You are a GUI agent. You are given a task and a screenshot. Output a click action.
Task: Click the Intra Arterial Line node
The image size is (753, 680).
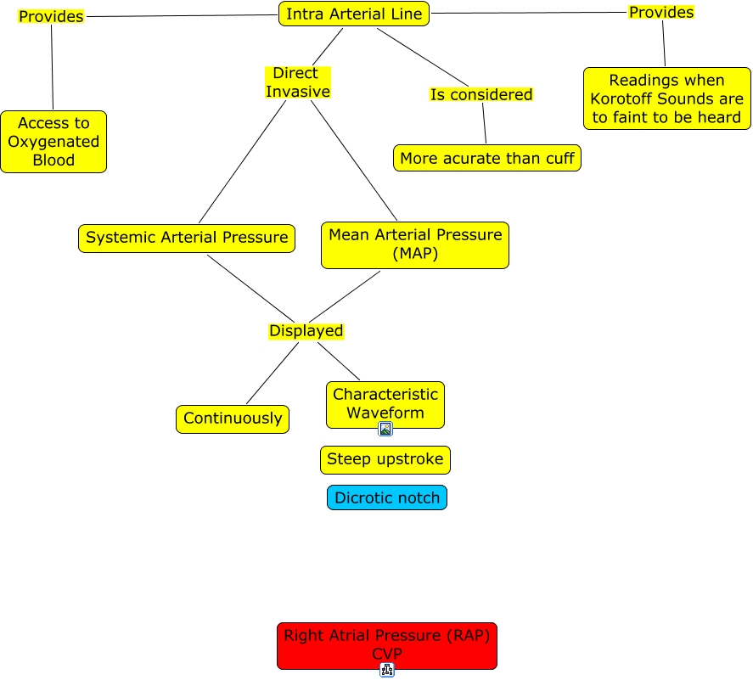click(x=354, y=14)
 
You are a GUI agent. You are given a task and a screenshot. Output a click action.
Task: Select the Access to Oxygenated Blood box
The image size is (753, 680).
click(x=53, y=142)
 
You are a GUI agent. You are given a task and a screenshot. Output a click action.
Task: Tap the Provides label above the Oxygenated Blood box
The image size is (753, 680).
click(x=51, y=16)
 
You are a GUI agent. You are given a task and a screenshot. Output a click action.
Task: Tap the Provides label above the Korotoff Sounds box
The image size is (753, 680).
click(x=660, y=12)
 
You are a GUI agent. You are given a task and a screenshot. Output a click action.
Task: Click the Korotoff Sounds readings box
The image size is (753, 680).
click(x=666, y=98)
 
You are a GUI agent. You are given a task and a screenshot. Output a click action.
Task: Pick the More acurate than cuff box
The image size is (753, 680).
click(x=487, y=158)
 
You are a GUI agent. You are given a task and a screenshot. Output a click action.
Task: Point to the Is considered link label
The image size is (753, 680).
click(x=480, y=94)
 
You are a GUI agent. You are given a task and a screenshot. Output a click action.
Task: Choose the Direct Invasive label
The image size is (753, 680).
click(x=297, y=82)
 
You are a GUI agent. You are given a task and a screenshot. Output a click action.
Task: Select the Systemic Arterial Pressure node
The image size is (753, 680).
click(x=187, y=238)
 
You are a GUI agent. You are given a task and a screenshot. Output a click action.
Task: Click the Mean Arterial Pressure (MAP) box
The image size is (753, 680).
click(x=414, y=244)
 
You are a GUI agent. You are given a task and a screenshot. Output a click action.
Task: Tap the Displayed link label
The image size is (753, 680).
click(x=306, y=331)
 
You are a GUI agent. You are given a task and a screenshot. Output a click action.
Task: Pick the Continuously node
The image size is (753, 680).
click(x=233, y=419)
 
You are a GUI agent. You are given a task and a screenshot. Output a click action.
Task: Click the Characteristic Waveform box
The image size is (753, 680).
click(x=385, y=403)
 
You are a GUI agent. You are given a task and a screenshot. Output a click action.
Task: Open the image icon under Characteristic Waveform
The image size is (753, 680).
click(x=385, y=429)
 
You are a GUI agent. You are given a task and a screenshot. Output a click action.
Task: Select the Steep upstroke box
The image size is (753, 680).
click(x=385, y=459)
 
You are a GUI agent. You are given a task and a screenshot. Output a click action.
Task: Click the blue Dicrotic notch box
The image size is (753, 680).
click(x=386, y=498)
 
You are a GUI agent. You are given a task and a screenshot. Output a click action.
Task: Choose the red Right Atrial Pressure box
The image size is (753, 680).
click(x=386, y=644)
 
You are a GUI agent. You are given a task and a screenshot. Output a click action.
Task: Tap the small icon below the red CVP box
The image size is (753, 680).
click(x=387, y=670)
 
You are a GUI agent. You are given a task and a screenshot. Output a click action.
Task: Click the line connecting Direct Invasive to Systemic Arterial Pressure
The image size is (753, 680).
click(x=242, y=161)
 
